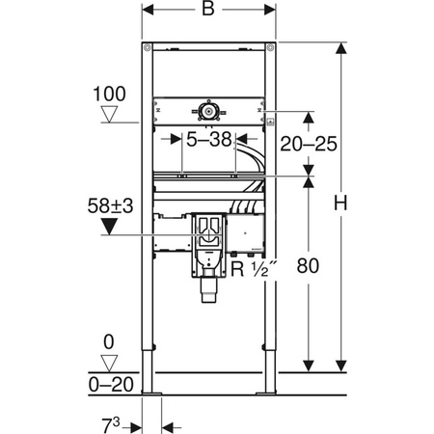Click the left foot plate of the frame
pos(150,393)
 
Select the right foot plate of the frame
pos(270,393)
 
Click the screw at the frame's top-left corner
pos(147,49)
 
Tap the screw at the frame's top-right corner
pos(274,49)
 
